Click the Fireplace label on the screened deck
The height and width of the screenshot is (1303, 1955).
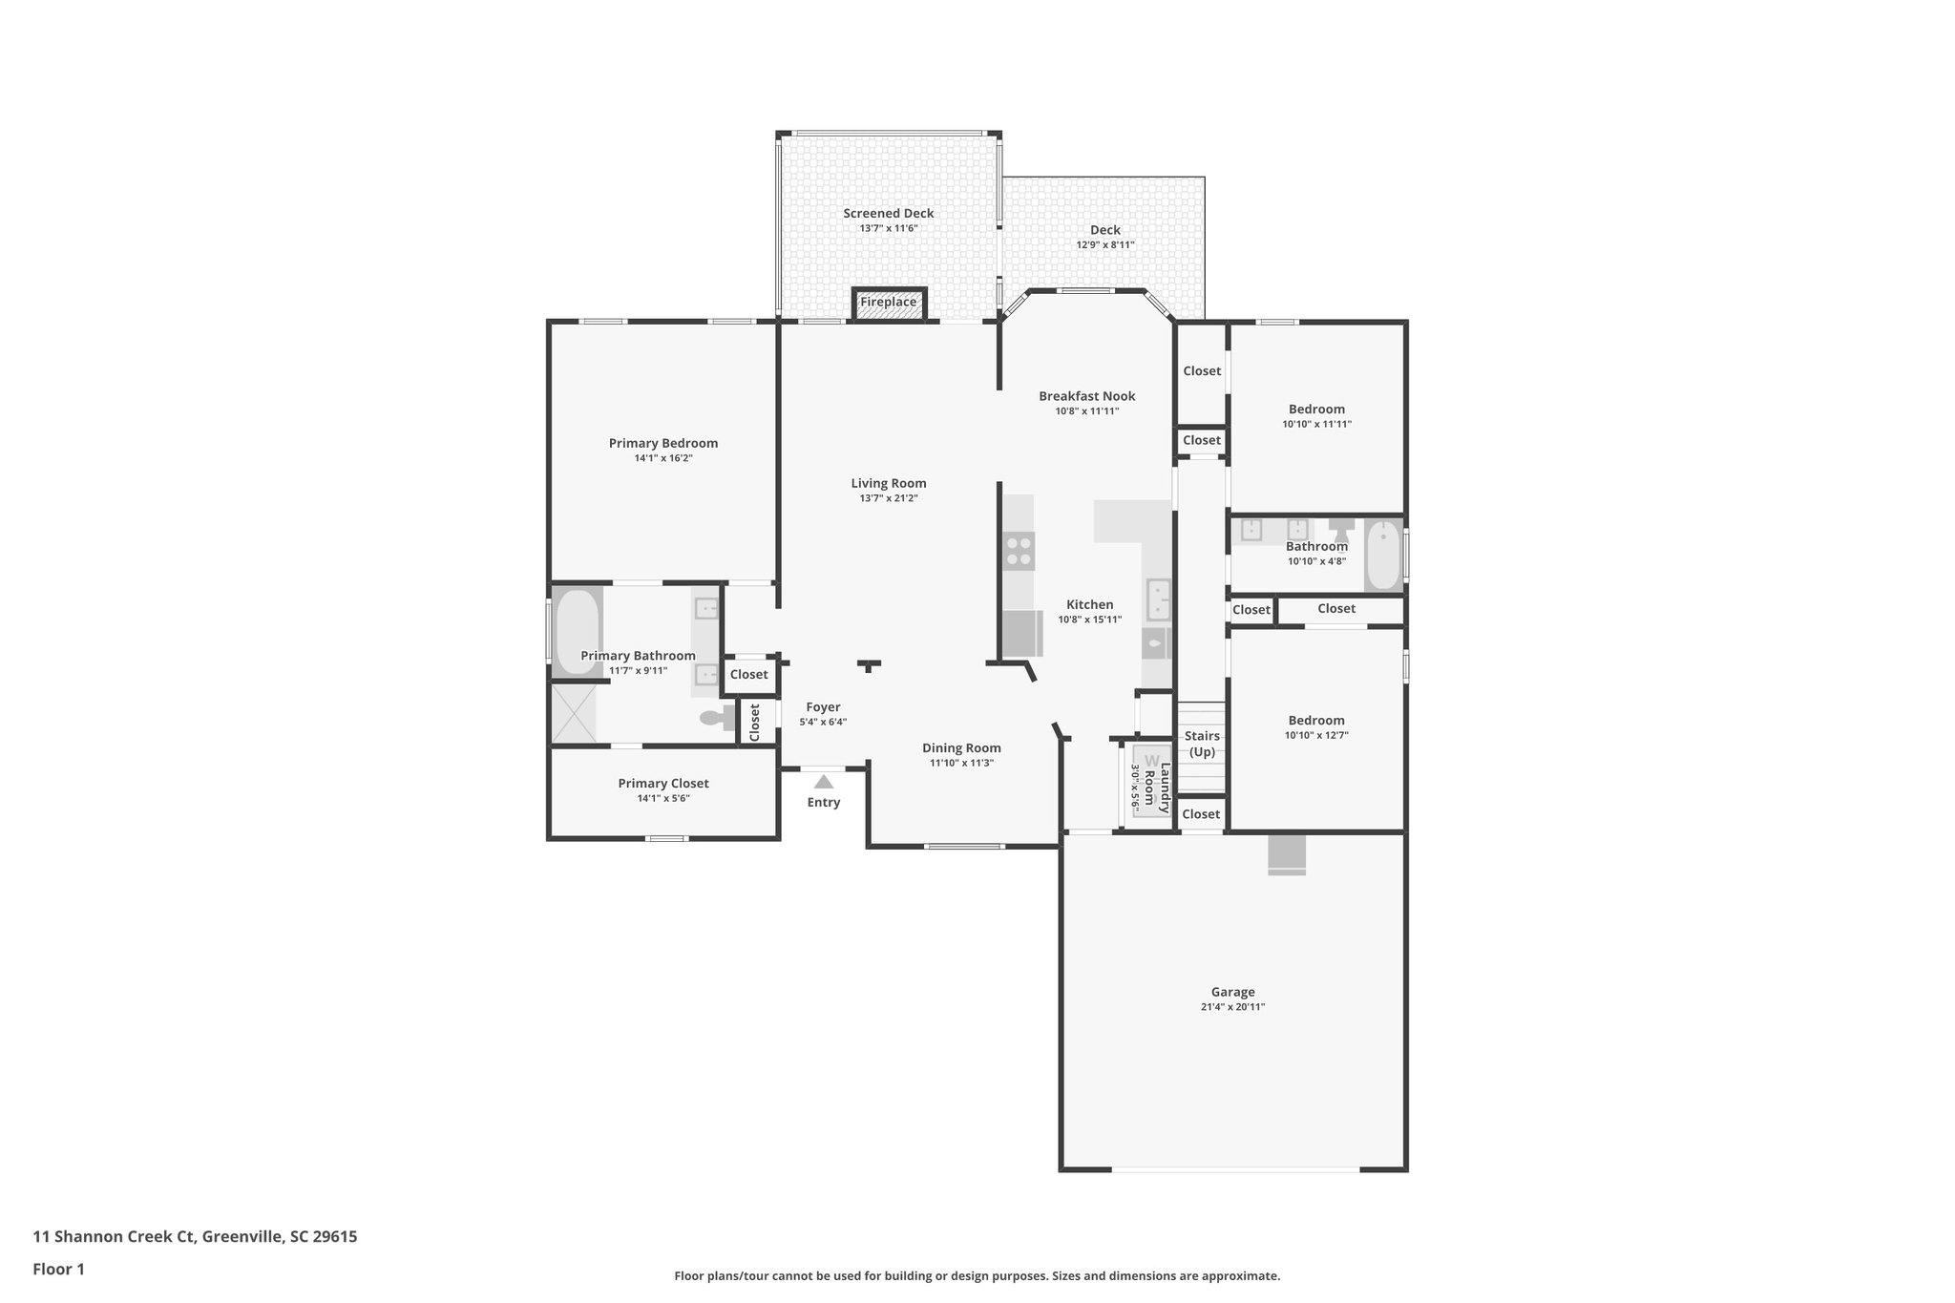(888, 303)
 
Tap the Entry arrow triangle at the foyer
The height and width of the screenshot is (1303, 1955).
(823, 782)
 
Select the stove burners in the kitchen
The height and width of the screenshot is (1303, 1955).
(1018, 551)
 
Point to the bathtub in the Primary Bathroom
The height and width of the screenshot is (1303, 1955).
(577, 631)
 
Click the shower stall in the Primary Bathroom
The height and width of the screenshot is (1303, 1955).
(573, 713)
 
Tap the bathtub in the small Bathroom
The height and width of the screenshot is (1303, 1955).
(1382, 556)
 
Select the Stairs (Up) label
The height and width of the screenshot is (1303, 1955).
(1202, 744)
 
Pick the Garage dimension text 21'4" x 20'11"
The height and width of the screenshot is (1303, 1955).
(1232, 1007)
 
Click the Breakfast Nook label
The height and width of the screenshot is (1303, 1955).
(1086, 396)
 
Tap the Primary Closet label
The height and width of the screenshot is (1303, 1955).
(662, 784)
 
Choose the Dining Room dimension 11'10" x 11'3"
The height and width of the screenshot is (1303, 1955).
(961, 763)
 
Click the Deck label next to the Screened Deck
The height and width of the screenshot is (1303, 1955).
(1104, 230)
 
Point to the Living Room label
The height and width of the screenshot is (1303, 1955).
(888, 483)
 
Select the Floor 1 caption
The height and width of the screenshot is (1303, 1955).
(58, 1270)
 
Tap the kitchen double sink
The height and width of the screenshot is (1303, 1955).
(1158, 599)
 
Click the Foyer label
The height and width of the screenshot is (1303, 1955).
(822, 707)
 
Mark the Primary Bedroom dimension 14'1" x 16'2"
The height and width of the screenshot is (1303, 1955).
(662, 458)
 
